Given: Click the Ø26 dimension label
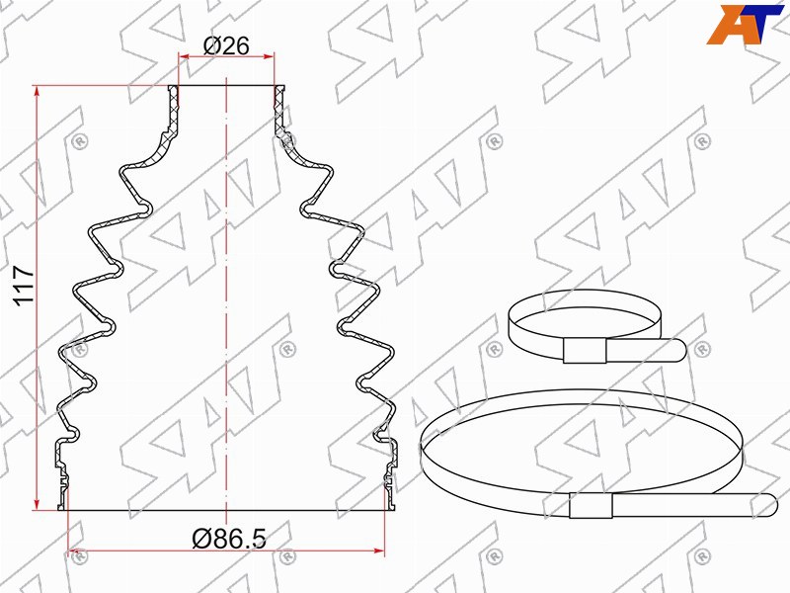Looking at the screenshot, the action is pyautogui.click(x=226, y=46).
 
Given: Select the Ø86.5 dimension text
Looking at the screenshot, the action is pyautogui.click(x=229, y=539).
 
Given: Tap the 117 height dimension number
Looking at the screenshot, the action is pyautogui.click(x=24, y=286).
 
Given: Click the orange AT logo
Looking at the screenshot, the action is pyautogui.click(x=745, y=24).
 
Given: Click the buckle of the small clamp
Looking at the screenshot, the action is pyautogui.click(x=585, y=351).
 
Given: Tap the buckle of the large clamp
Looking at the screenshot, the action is pyautogui.click(x=591, y=505).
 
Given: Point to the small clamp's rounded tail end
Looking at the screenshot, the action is pyautogui.click(x=680, y=350).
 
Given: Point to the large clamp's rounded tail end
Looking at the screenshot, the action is pyautogui.click(x=771, y=505).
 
